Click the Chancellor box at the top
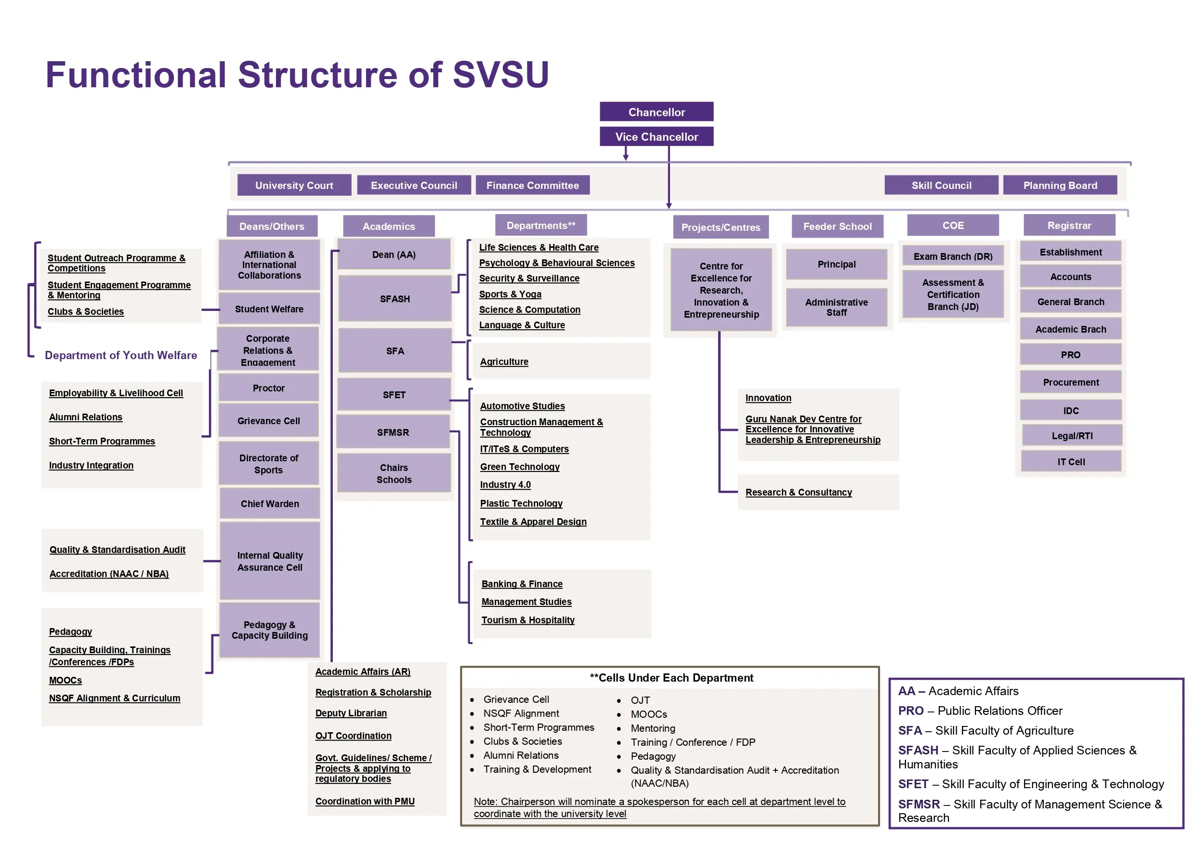pos(657,112)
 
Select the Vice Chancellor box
pos(657,136)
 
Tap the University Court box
pos(294,186)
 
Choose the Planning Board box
pos(1060,186)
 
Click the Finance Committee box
pos(532,186)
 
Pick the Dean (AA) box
pos(394,255)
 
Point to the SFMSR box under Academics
pos(393,432)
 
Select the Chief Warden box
pos(270,504)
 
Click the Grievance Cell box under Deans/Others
pos(269,421)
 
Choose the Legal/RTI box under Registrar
pos(1072,436)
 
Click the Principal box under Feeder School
pos(836,264)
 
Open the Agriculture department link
pos(504,362)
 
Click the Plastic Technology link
pos(521,503)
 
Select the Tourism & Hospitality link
pos(528,620)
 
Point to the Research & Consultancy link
pos(799,492)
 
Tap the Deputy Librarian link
pos(351,713)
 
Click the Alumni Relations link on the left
pos(85,417)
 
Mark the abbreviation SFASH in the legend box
pos(918,750)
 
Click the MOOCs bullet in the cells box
pos(648,714)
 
